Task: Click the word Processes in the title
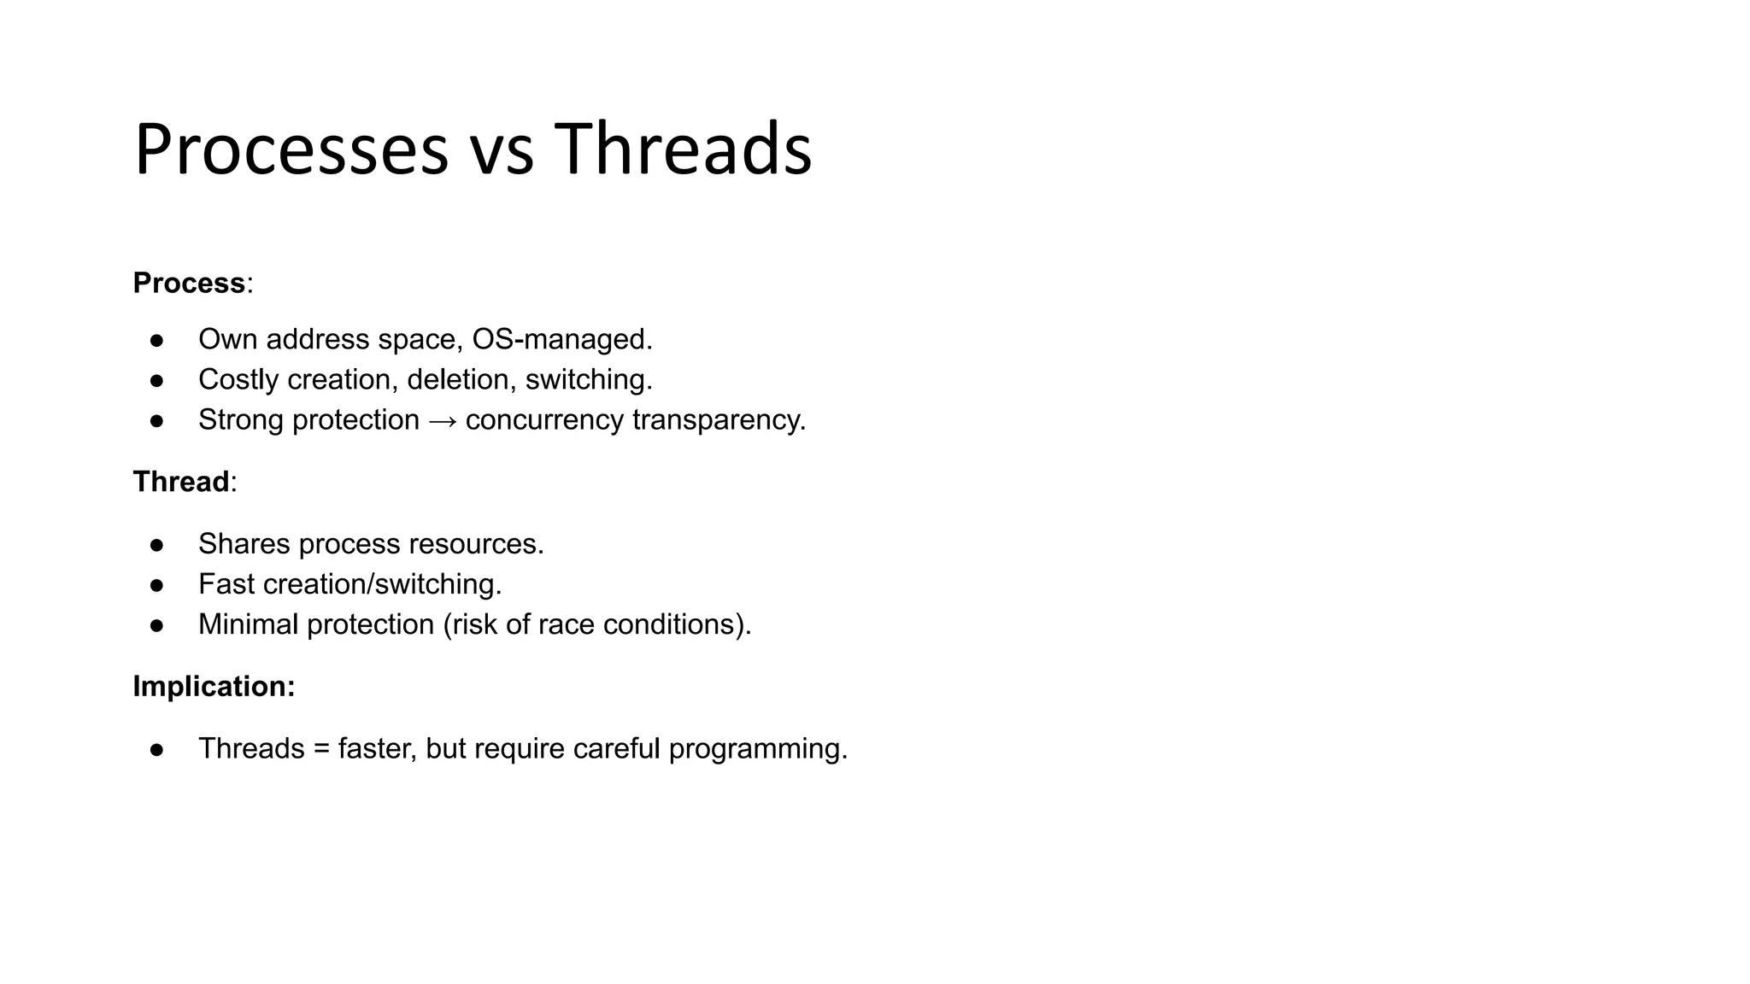tap(291, 150)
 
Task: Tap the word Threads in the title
tap(683, 150)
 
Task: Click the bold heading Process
tap(189, 283)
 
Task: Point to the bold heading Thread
tap(181, 482)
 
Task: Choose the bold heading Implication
tap(213, 687)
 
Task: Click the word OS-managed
tap(561, 340)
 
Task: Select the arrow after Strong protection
tap(443, 421)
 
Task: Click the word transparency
tap(719, 421)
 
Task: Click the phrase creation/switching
tap(382, 585)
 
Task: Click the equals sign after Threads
tap(321, 749)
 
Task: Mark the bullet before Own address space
tap(156, 340)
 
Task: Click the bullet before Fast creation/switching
tap(156, 585)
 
